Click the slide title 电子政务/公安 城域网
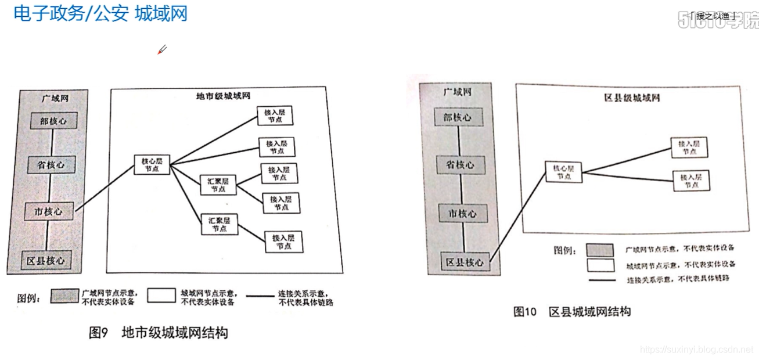point(100,13)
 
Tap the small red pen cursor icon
point(162,50)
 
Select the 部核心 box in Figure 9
point(53,121)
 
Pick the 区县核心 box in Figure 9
point(46,260)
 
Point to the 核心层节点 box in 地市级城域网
point(152,164)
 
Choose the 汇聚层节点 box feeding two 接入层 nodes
point(218,184)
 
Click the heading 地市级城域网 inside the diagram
point(224,96)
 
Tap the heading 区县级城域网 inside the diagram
point(632,98)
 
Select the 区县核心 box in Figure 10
point(464,262)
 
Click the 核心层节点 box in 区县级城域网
point(563,172)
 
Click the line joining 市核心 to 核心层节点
point(105,188)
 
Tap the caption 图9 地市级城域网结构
point(158,333)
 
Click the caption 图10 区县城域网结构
point(571,312)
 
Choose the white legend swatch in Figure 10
point(600,265)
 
